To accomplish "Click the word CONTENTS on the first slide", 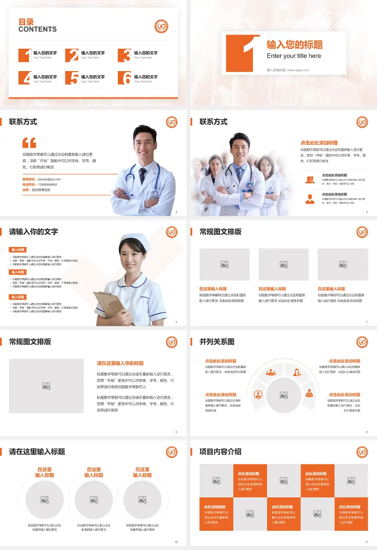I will pos(37,29).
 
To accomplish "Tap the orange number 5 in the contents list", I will pos(72,78).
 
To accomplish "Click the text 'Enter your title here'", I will pos(294,56).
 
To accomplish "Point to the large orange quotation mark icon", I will pos(29,143).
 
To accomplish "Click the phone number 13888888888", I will pos(47,185).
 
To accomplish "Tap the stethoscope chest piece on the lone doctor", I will pos(155,194).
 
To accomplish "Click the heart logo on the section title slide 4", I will pos(172,122).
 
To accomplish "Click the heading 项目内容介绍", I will pos(220,452).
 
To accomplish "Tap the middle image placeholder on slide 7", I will pos(284,264).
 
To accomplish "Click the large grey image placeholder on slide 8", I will pos(46,386).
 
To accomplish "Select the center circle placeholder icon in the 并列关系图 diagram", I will pos(284,395).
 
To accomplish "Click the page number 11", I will pos(367,542).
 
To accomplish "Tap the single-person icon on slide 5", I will pos(310,199).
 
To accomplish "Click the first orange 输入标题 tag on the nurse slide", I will pos(18,250).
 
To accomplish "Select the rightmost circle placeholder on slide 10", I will pos(143,500).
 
